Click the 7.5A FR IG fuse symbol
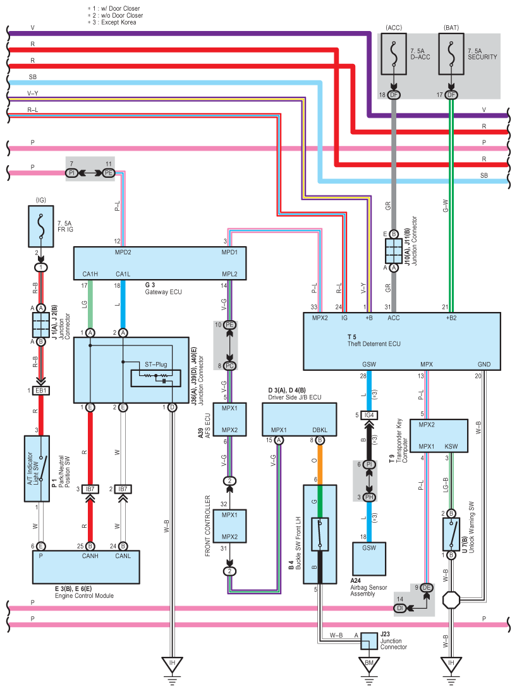(41, 226)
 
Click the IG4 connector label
(370, 415)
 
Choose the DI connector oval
(400, 609)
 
